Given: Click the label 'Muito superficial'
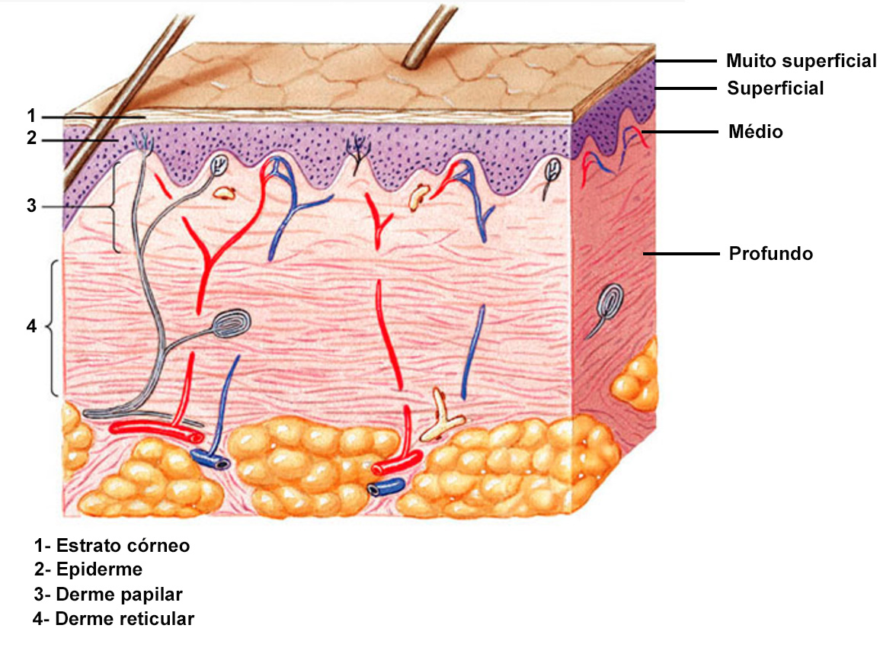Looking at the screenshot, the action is pyautogui.click(x=802, y=61).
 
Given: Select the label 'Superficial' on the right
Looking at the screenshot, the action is pyautogui.click(x=775, y=88).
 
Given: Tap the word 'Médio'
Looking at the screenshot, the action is pyautogui.click(x=756, y=131).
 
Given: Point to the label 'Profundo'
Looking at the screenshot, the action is pyautogui.click(x=770, y=253).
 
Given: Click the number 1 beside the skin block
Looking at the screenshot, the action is pyautogui.click(x=31, y=116).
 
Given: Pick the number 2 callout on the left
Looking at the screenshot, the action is pyautogui.click(x=31, y=138).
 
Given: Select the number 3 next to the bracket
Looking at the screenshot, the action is pyautogui.click(x=31, y=206).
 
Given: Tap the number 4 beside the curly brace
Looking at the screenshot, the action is pyautogui.click(x=31, y=326).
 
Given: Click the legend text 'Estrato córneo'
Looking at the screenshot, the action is pyautogui.click(x=123, y=546).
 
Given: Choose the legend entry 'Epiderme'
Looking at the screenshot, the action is pyautogui.click(x=99, y=569).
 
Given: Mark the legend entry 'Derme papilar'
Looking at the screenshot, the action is pyautogui.click(x=119, y=595).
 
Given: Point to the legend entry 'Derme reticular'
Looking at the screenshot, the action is pyautogui.click(x=125, y=619).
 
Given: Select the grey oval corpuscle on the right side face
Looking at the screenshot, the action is pyautogui.click(x=610, y=302).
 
